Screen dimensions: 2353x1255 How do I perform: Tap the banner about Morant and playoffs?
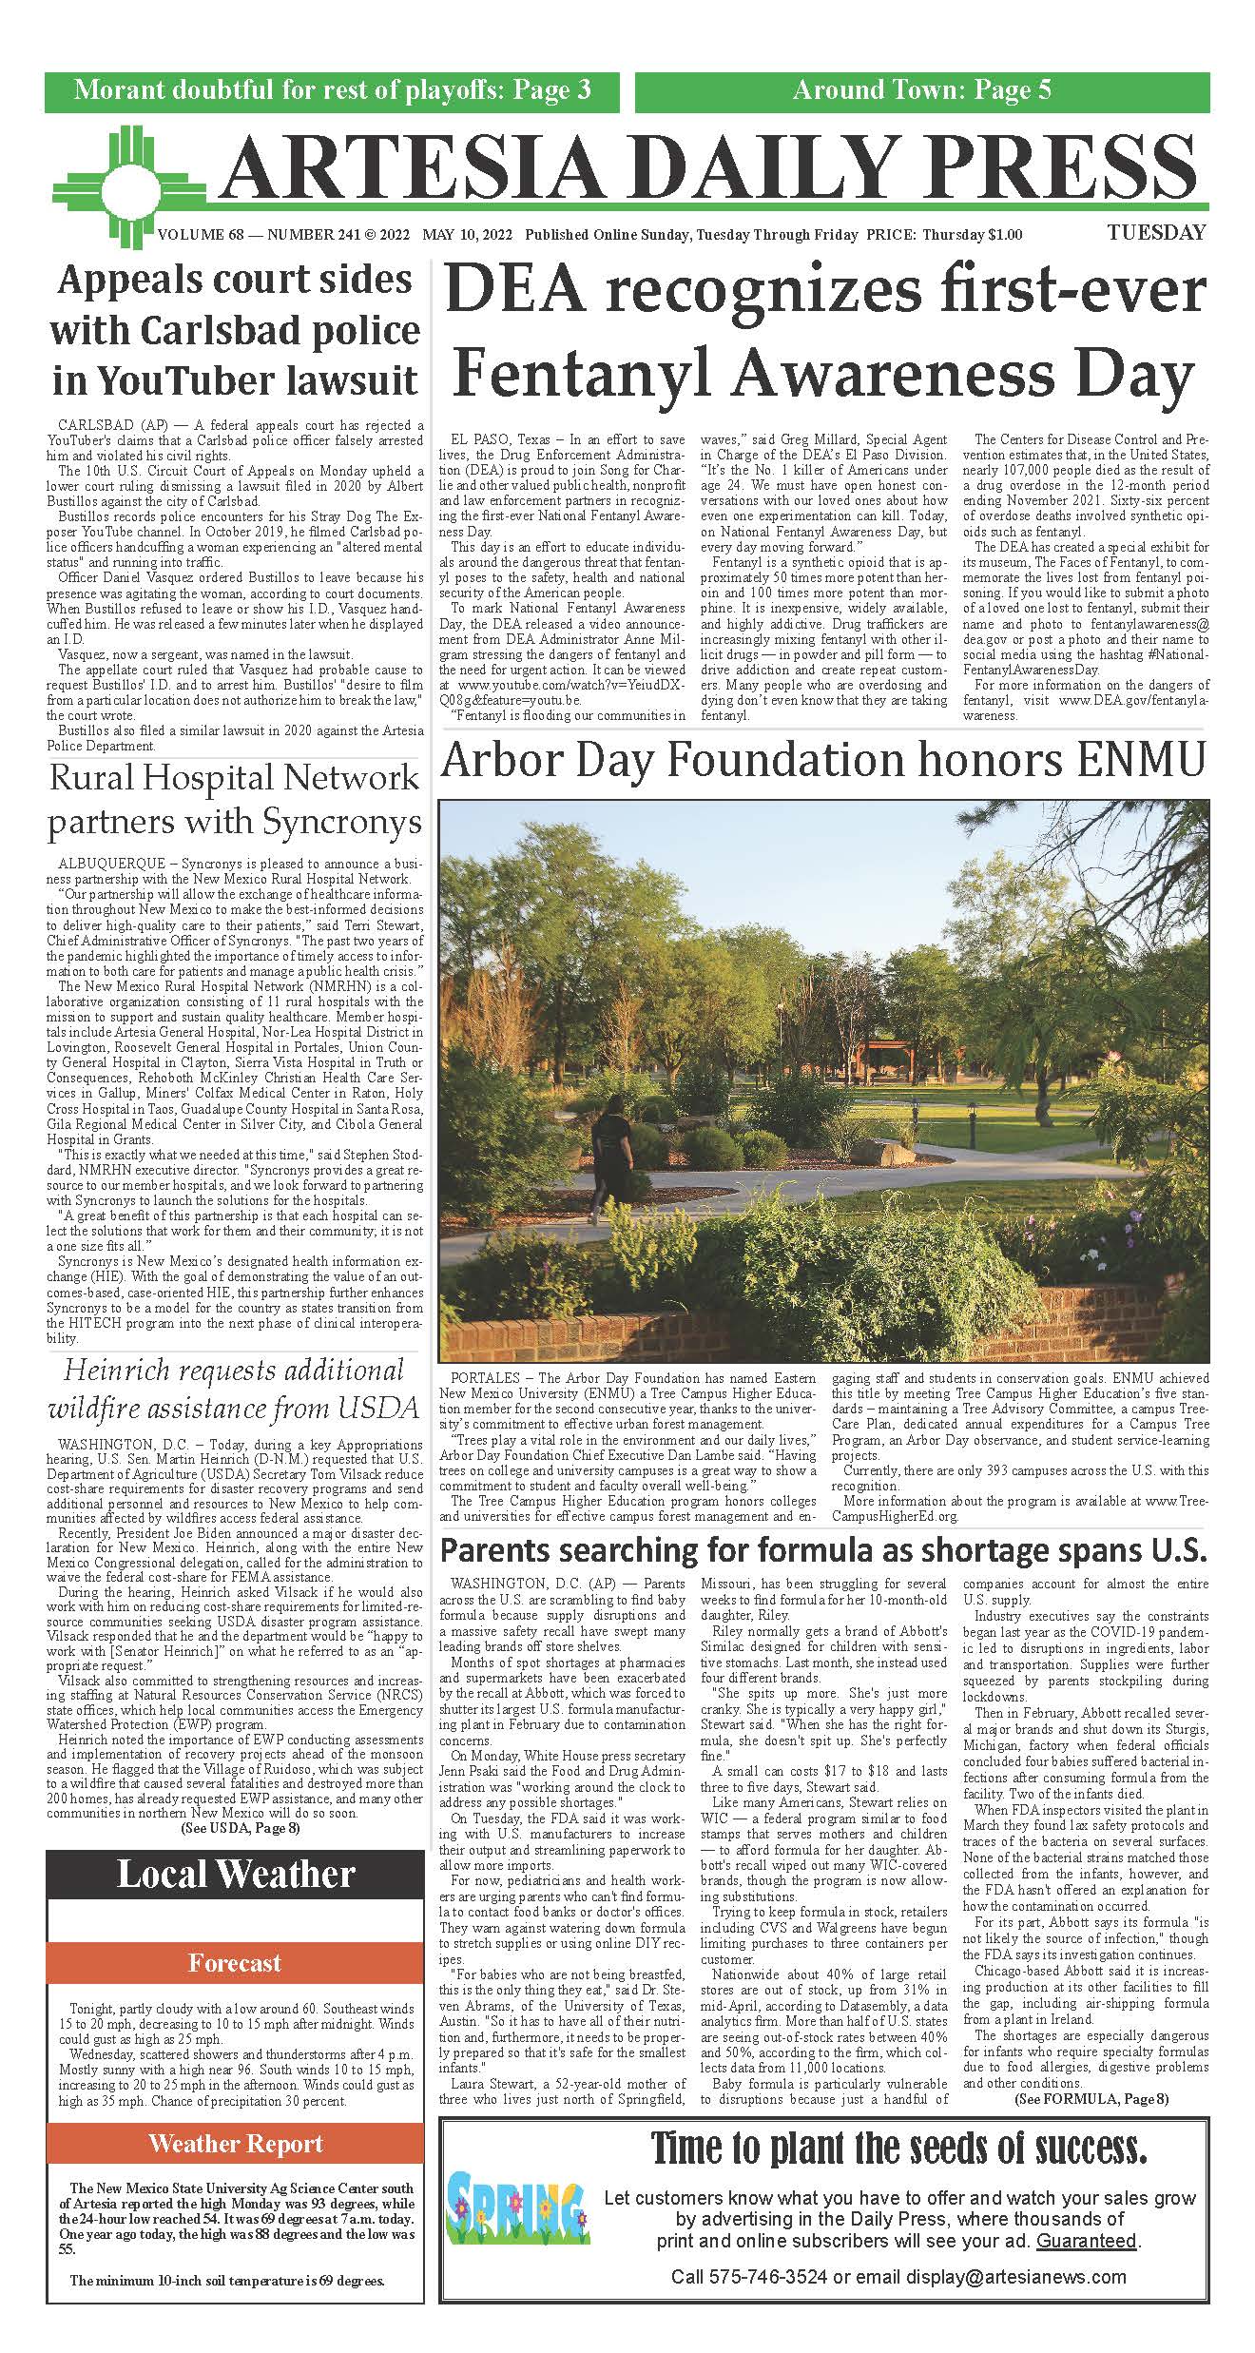point(332,91)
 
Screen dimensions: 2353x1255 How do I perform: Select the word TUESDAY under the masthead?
point(1155,233)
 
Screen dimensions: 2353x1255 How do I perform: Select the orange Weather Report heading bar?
point(235,2117)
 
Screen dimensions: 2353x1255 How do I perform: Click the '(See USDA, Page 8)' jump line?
point(241,1828)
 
